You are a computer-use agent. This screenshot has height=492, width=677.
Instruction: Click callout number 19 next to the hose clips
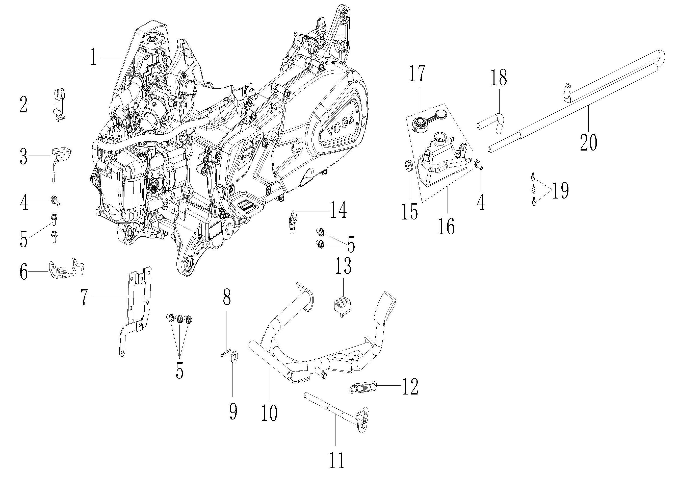pyautogui.click(x=560, y=191)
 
